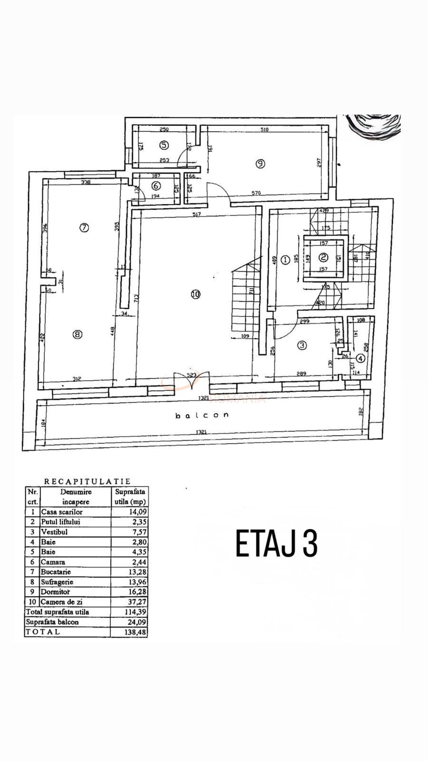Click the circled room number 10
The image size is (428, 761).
(195, 294)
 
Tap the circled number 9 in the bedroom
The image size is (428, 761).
(260, 164)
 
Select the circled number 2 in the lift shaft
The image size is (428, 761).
(323, 257)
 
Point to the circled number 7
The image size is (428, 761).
(84, 227)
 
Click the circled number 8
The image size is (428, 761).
(77, 334)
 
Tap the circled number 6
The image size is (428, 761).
(156, 186)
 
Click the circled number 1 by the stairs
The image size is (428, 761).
(285, 260)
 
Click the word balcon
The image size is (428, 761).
(202, 415)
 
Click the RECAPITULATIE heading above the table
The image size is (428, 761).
(87, 481)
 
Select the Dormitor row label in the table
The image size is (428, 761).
(55, 592)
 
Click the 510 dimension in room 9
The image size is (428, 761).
(264, 129)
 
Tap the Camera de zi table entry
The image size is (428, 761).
(61, 602)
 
